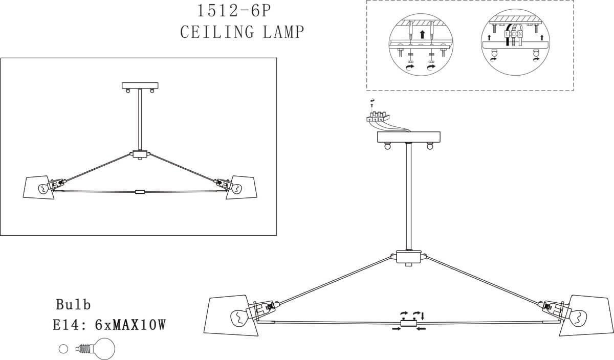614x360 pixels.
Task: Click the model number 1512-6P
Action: (234, 11)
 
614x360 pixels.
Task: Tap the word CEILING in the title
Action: (217, 32)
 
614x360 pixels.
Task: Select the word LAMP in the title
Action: (283, 32)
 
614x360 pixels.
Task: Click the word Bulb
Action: (73, 304)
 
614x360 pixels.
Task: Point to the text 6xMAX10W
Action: (130, 325)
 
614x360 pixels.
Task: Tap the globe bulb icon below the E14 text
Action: (95, 349)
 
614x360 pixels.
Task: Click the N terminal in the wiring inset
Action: (520, 34)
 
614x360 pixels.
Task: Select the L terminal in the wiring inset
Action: (508, 34)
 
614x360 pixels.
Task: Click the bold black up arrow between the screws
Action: (423, 34)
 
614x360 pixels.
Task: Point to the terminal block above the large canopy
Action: (378, 117)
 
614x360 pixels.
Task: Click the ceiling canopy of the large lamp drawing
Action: (409, 137)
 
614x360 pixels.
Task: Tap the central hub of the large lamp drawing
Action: (408, 257)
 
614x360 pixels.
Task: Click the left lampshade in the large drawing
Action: (231, 316)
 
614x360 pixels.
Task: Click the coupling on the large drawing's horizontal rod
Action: (408, 323)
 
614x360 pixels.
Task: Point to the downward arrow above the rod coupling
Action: (423, 316)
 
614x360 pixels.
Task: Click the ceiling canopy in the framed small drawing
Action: (140, 86)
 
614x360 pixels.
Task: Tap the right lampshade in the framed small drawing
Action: (242, 187)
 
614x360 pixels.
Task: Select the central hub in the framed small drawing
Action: (140, 154)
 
